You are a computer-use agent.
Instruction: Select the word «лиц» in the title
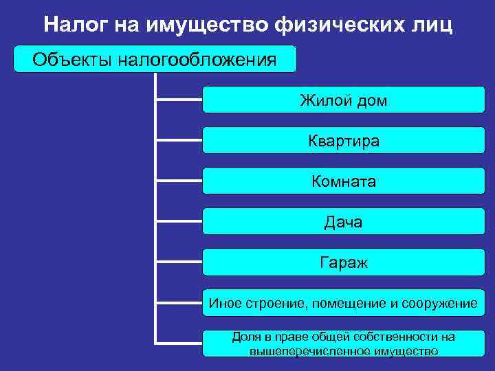(x=432, y=25)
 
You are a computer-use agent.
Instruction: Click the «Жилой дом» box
(x=342, y=101)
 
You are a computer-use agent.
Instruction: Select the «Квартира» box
(x=342, y=142)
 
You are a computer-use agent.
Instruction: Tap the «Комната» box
(x=342, y=182)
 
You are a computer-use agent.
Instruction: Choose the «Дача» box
(x=342, y=222)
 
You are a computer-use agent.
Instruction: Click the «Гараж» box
(x=342, y=262)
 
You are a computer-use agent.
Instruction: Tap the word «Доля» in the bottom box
(x=245, y=337)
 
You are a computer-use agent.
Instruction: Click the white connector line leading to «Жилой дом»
(x=179, y=100)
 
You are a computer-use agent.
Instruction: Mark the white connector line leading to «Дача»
(x=179, y=222)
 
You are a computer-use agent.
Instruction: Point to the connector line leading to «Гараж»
(x=179, y=262)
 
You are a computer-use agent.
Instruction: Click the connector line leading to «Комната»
(x=179, y=181)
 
